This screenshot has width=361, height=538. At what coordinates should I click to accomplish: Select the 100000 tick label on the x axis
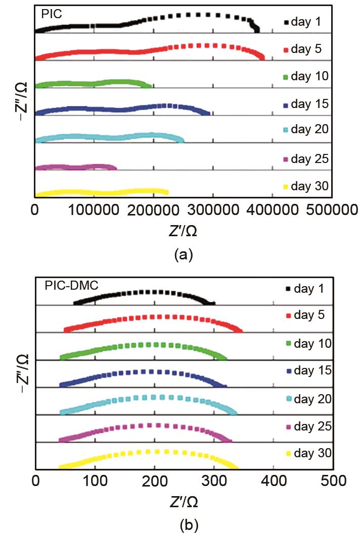[x=94, y=209]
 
